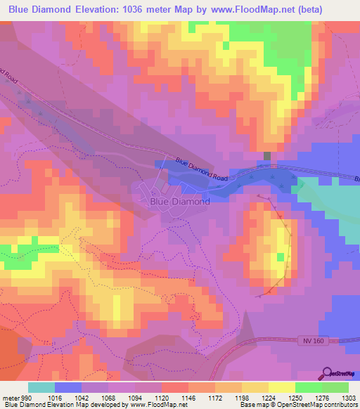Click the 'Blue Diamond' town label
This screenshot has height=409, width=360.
click(x=180, y=201)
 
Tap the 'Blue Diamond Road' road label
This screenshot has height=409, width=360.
click(x=202, y=171)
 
